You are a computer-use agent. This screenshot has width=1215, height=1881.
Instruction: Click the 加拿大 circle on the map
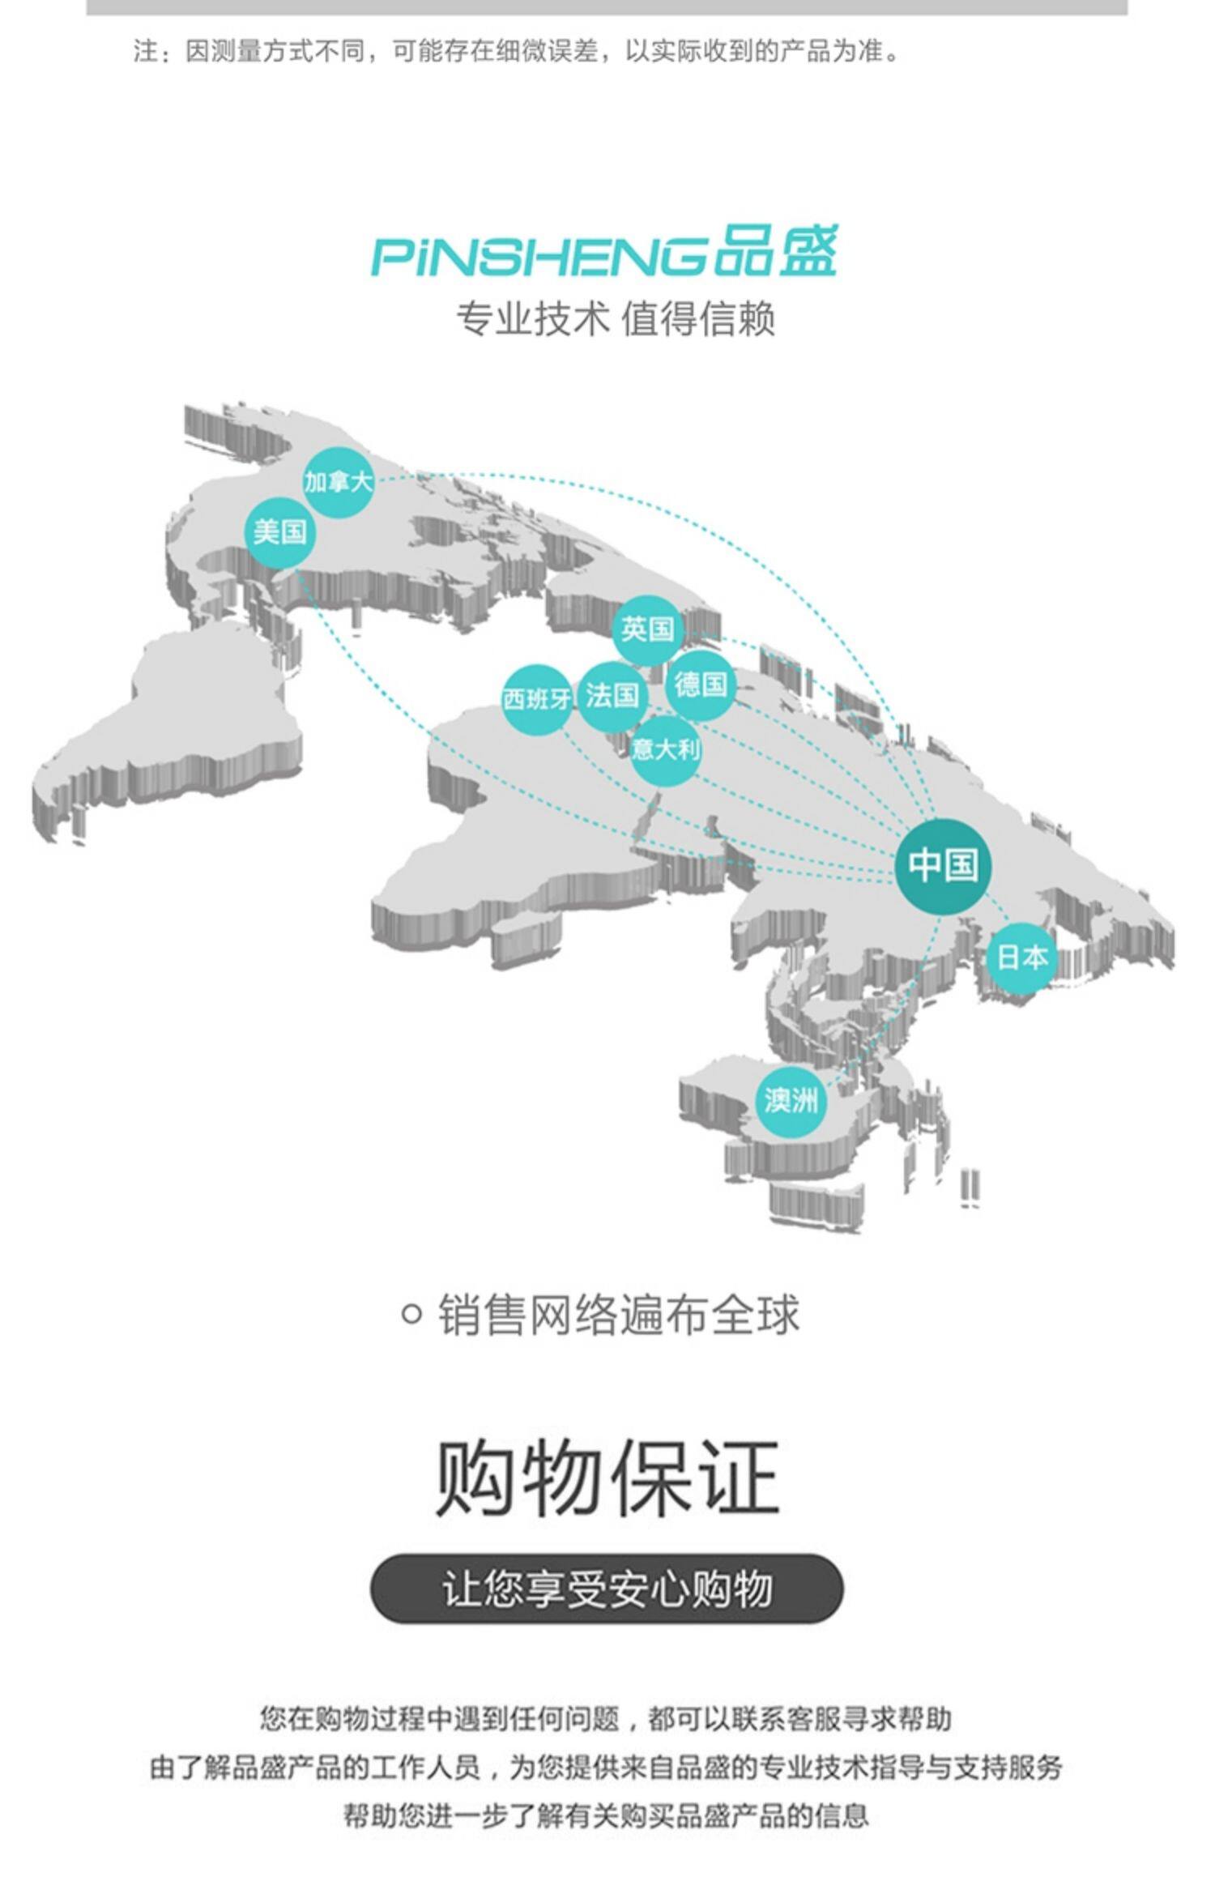(339, 483)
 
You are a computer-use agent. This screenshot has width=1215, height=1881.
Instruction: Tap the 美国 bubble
(280, 532)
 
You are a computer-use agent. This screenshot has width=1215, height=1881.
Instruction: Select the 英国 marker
(647, 629)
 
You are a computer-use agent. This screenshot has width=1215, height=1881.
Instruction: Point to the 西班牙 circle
(536, 698)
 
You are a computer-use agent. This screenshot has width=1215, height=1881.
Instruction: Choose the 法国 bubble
(612, 696)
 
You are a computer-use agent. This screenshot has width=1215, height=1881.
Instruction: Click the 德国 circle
(701, 685)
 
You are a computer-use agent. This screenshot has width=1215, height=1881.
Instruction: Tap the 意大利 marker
(665, 750)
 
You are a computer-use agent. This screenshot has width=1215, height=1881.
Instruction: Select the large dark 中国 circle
(943, 865)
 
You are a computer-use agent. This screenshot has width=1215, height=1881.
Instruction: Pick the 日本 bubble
(1022, 958)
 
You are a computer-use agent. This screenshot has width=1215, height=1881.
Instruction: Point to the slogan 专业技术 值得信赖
(616, 318)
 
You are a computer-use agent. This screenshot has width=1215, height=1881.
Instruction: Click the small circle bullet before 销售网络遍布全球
(411, 1313)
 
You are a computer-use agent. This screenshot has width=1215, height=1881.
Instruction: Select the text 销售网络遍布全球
(618, 1315)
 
